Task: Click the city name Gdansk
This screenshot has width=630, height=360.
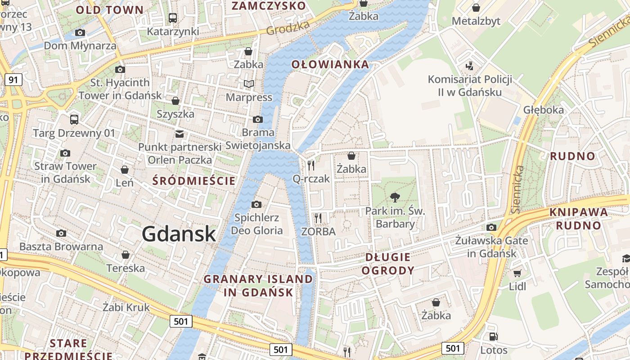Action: (x=179, y=234)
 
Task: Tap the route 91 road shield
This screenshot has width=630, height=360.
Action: (x=13, y=80)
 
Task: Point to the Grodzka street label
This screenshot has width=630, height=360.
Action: (x=288, y=27)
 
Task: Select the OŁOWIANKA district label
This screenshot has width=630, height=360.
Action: (x=330, y=64)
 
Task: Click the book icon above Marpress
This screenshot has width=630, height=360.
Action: (x=248, y=84)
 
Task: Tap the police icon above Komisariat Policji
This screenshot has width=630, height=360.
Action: (x=469, y=66)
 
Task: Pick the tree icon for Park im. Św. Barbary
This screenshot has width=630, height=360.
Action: (x=395, y=197)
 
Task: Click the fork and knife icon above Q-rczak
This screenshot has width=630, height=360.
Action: (x=311, y=165)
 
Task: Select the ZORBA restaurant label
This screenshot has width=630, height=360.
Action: (x=318, y=232)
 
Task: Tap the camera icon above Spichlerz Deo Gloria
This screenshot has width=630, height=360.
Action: (x=256, y=205)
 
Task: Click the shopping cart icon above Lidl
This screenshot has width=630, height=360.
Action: (x=517, y=273)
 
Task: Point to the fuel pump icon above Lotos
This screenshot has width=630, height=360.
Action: (x=493, y=337)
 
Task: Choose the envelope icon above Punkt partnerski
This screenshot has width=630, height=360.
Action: (x=180, y=134)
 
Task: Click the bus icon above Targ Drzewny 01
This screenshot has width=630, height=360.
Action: (x=74, y=120)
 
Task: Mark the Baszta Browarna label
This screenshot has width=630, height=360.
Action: (x=61, y=247)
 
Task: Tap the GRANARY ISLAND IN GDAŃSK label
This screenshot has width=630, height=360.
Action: (x=258, y=285)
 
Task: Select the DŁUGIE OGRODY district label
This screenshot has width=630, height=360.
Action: (x=387, y=264)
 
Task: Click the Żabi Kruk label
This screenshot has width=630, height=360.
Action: (x=126, y=308)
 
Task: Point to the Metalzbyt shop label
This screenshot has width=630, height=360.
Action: (x=476, y=21)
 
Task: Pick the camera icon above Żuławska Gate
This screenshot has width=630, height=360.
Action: (x=491, y=227)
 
